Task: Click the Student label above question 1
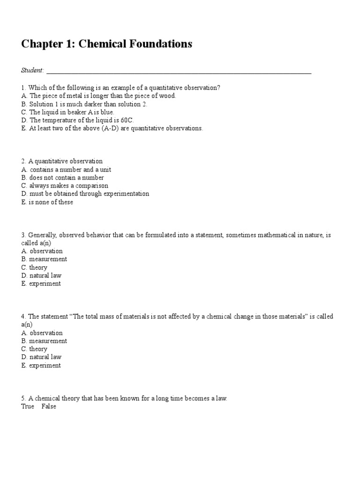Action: point(32,70)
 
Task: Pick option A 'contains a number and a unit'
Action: point(66,170)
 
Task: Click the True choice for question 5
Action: point(28,406)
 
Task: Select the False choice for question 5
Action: point(48,406)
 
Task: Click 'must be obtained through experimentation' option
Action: point(85,194)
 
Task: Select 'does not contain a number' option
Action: point(62,178)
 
